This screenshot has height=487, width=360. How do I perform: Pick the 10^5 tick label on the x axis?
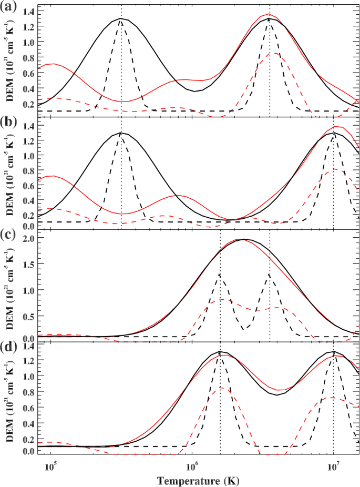click(51, 465)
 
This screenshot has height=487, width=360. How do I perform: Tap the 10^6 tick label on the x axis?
click(192, 465)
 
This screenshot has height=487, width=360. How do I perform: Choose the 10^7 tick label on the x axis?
click(332, 465)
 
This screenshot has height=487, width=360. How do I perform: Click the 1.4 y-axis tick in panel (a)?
click(30, 12)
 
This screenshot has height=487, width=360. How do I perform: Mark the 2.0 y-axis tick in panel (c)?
click(30, 239)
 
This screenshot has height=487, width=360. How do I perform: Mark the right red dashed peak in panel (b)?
click(333, 169)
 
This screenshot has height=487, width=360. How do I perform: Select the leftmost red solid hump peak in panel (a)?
click(53, 64)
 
